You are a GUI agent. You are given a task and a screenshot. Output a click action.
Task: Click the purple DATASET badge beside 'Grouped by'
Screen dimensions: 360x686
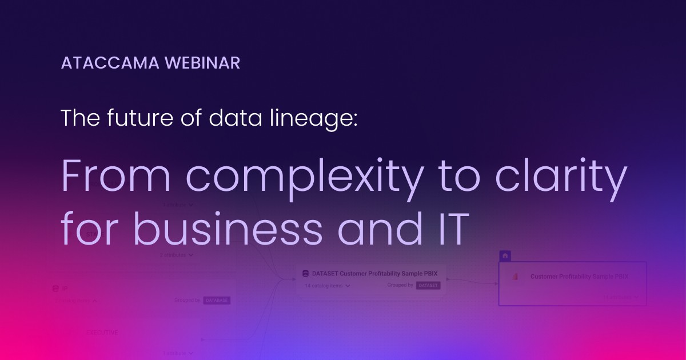tap(428, 285)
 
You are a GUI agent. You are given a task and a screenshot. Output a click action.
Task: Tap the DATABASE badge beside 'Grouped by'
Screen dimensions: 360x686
tap(217, 300)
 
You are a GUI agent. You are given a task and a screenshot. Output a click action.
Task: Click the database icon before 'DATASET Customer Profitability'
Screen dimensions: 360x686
tap(305, 273)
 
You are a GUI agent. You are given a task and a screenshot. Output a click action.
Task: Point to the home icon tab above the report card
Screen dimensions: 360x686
tap(505, 256)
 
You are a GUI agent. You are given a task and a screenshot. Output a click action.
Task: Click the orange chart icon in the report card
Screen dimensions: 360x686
tap(514, 277)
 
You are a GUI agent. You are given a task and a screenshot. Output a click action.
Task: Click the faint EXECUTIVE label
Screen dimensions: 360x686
tap(102, 332)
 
